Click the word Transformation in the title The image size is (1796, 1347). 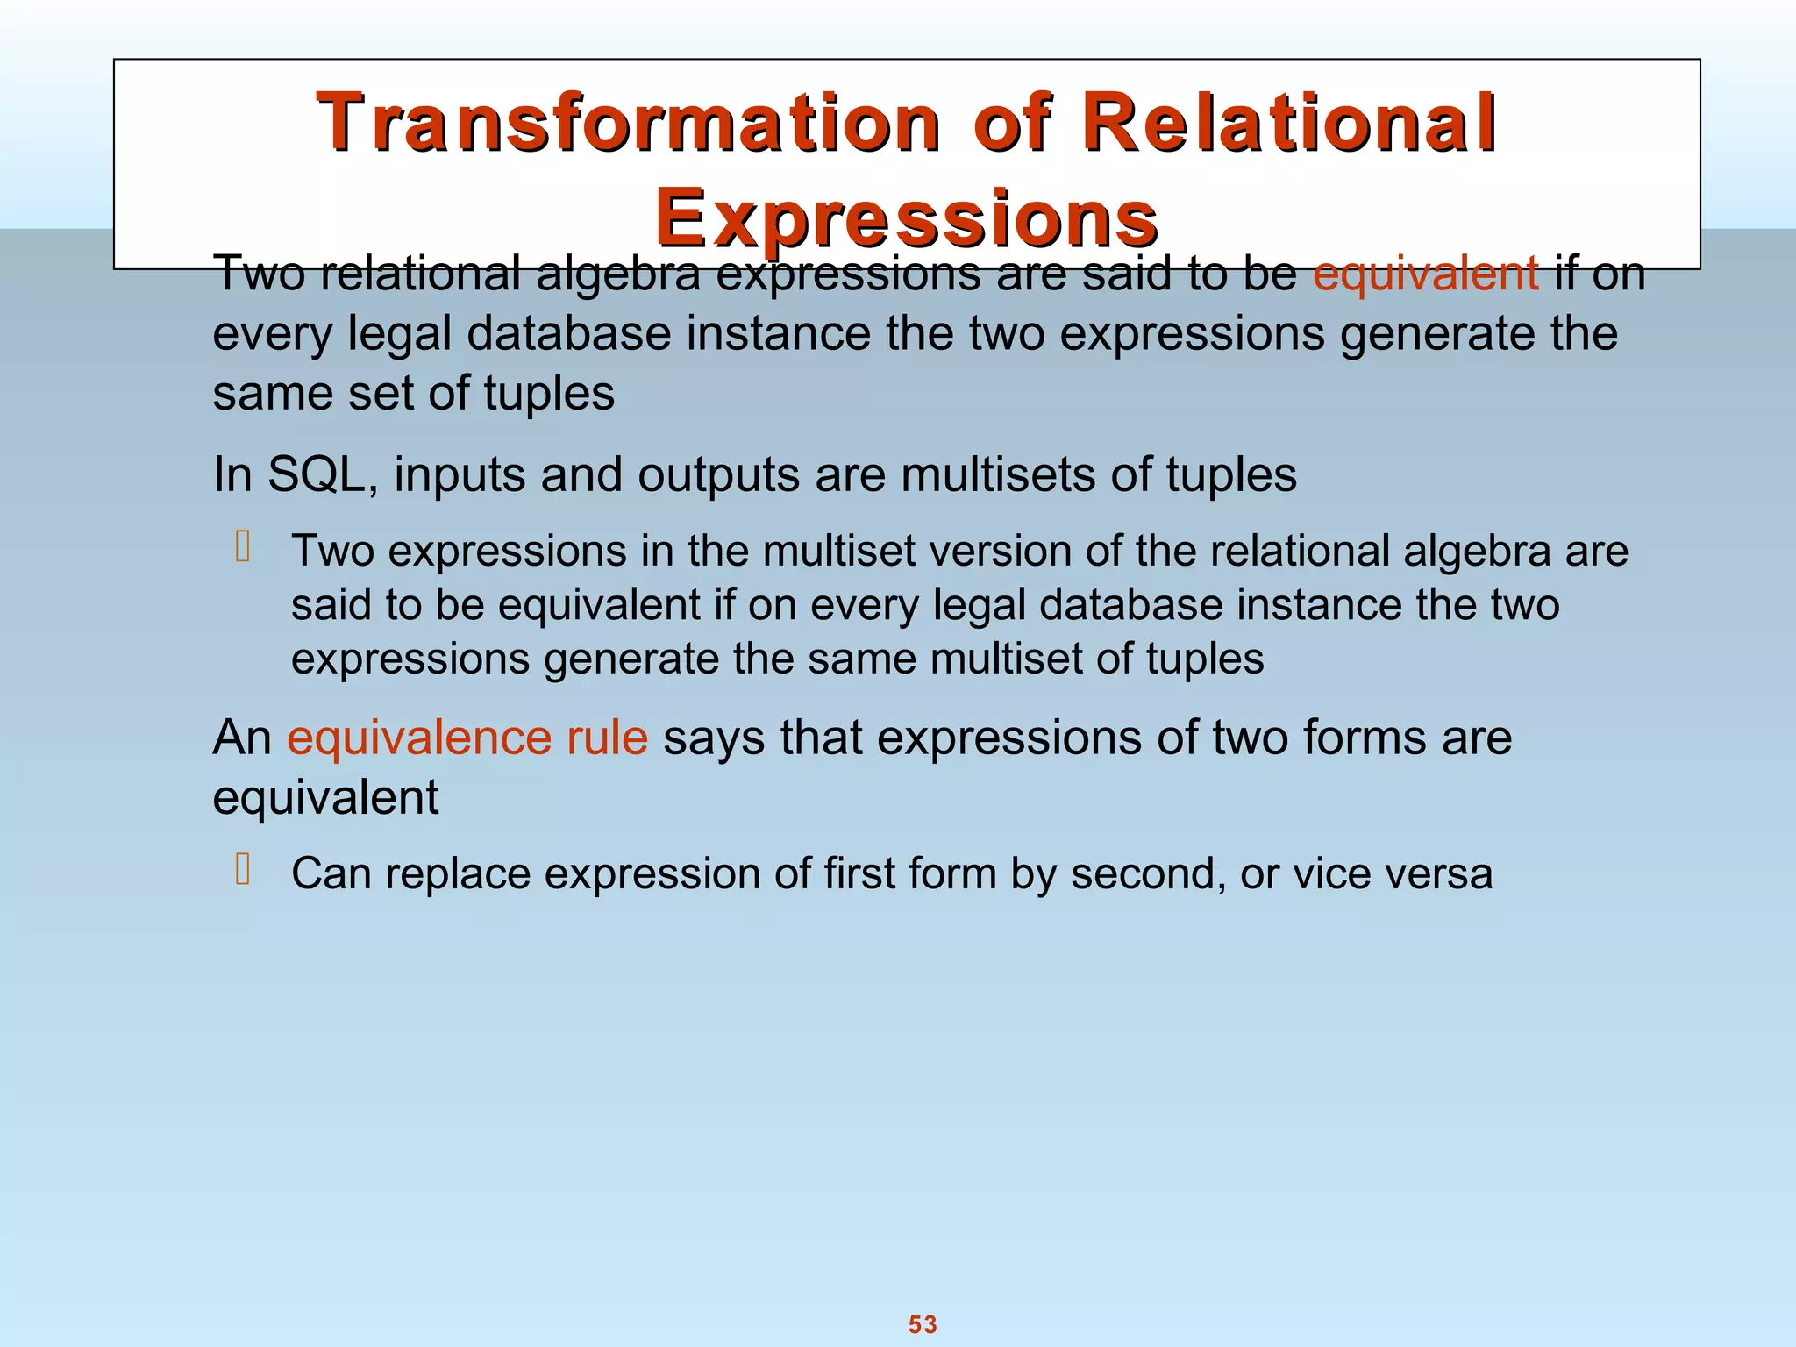[x=628, y=123]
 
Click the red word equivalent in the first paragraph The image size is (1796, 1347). [x=1425, y=273]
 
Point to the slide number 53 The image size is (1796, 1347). [x=923, y=1324]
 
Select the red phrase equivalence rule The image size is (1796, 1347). [x=467, y=737]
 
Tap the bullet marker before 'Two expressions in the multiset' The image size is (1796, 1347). [x=243, y=548]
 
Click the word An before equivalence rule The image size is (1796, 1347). [x=242, y=737]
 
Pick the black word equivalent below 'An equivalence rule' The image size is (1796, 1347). [x=325, y=798]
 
